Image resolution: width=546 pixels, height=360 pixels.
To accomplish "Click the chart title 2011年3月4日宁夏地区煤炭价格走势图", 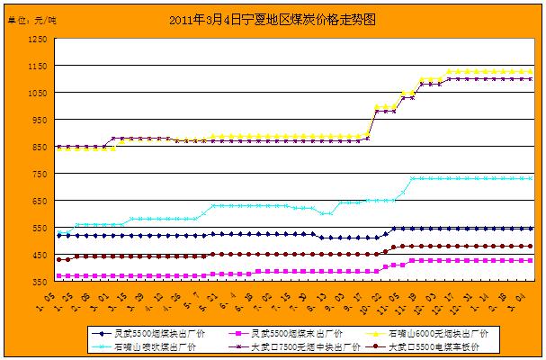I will pos(272,18).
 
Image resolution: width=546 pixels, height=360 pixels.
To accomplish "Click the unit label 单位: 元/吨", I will pos(30,19).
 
